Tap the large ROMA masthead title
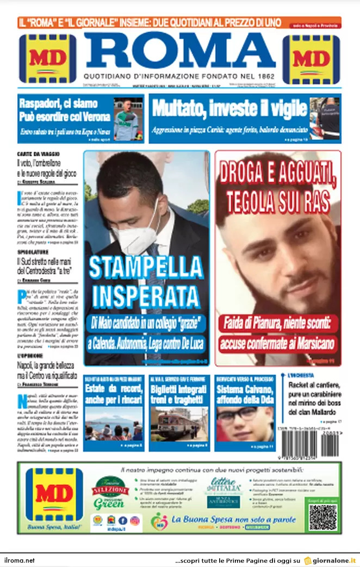tap(179, 51)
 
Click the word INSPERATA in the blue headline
tap(146, 296)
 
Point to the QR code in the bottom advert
tap(322, 517)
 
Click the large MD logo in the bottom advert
tap(54, 494)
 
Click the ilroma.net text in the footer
tap(20, 560)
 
